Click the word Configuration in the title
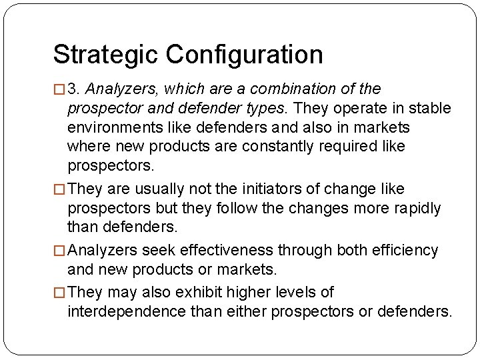click(244, 55)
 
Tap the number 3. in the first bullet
click(75, 89)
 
